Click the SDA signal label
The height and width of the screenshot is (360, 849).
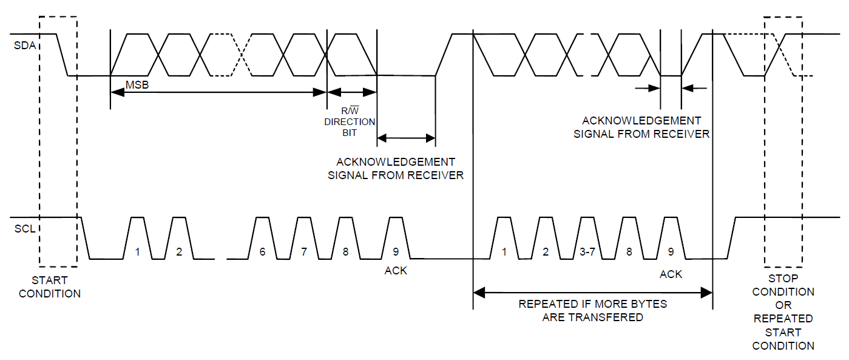pyautogui.click(x=25, y=46)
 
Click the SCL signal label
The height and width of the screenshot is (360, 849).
pyautogui.click(x=25, y=229)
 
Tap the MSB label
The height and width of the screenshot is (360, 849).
pyautogui.click(x=137, y=84)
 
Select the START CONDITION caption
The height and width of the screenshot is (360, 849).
pyautogui.click(x=50, y=287)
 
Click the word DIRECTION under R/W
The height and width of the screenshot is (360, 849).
pyautogui.click(x=350, y=122)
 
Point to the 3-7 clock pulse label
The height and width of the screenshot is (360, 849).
pyautogui.click(x=587, y=251)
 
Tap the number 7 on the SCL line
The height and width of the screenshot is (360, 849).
pyautogui.click(x=304, y=251)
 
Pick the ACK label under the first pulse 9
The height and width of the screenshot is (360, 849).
pyautogui.click(x=396, y=271)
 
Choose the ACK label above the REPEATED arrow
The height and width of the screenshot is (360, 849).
pyautogui.click(x=671, y=274)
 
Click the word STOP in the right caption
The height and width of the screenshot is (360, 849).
pyautogui.click(x=783, y=279)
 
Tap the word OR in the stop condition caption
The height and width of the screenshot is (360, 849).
pyautogui.click(x=783, y=305)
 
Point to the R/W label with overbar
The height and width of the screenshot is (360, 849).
pyautogui.click(x=350, y=110)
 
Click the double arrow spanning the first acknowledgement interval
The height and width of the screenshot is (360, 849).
pyautogui.click(x=407, y=138)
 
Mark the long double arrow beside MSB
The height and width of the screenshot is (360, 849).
pyautogui.click(x=218, y=92)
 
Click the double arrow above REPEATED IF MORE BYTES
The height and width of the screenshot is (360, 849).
pyautogui.click(x=593, y=293)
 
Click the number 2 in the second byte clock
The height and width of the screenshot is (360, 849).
pyautogui.click(x=546, y=251)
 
